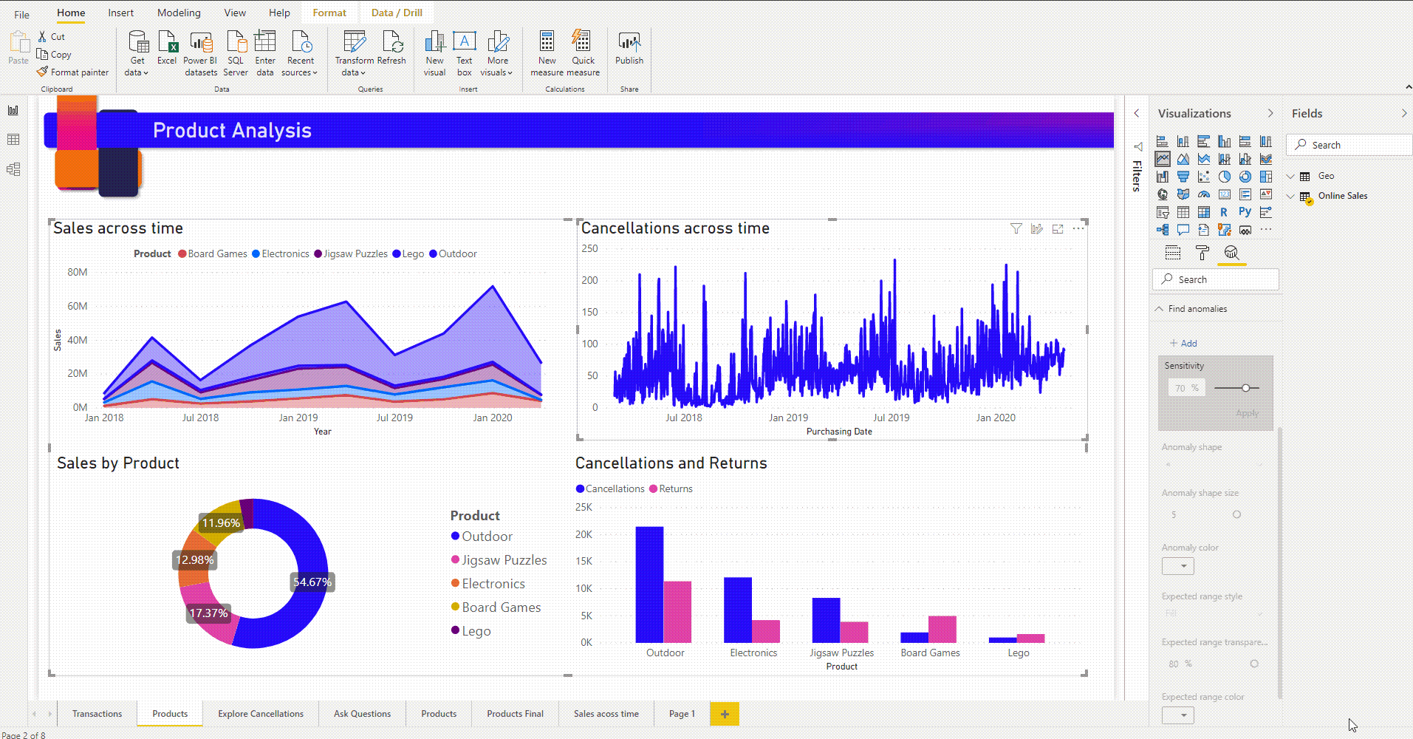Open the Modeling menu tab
(179, 13)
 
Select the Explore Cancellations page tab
(261, 714)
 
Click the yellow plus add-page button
(725, 714)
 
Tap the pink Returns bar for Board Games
(942, 629)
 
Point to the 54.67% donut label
(312, 582)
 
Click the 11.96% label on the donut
(221, 523)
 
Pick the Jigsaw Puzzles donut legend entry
(504, 560)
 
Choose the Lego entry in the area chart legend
(413, 253)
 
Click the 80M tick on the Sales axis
(78, 272)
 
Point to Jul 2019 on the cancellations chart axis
(891, 418)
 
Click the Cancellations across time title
(675, 228)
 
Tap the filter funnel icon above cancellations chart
(1016, 229)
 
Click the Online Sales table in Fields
(1342, 196)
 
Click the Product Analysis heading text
(232, 131)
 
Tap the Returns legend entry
(675, 488)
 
